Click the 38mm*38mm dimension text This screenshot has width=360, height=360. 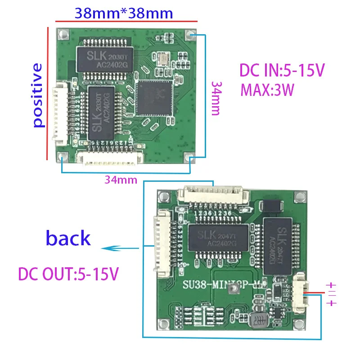pos(124,13)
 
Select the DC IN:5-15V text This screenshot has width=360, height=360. pos(282,71)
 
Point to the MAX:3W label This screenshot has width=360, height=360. pos(267,90)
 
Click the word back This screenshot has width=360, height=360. pos(68,238)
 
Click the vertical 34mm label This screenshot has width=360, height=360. pos(216,98)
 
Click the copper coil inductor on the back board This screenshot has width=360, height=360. pos(259,320)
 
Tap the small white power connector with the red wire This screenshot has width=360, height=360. pos(298,293)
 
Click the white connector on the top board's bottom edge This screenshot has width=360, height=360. pos(110,157)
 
